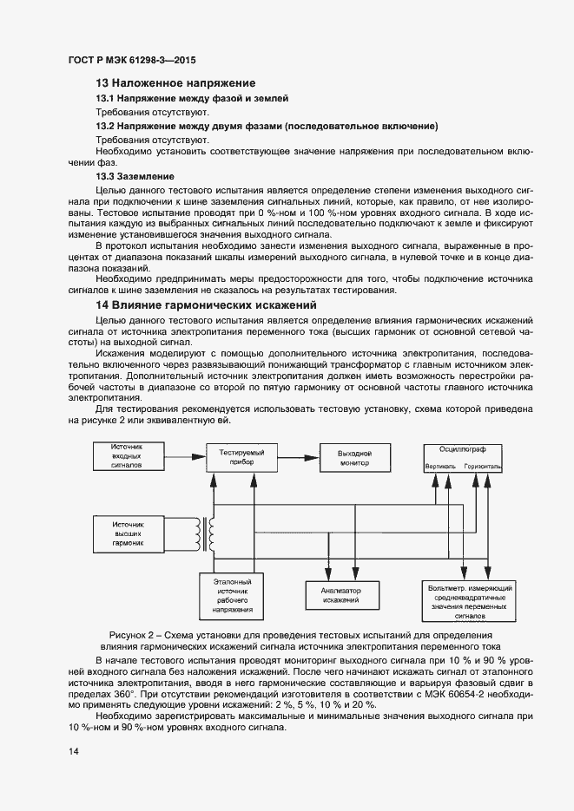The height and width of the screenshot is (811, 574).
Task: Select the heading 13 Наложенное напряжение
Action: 175,83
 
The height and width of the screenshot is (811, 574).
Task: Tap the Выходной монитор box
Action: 354,457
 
